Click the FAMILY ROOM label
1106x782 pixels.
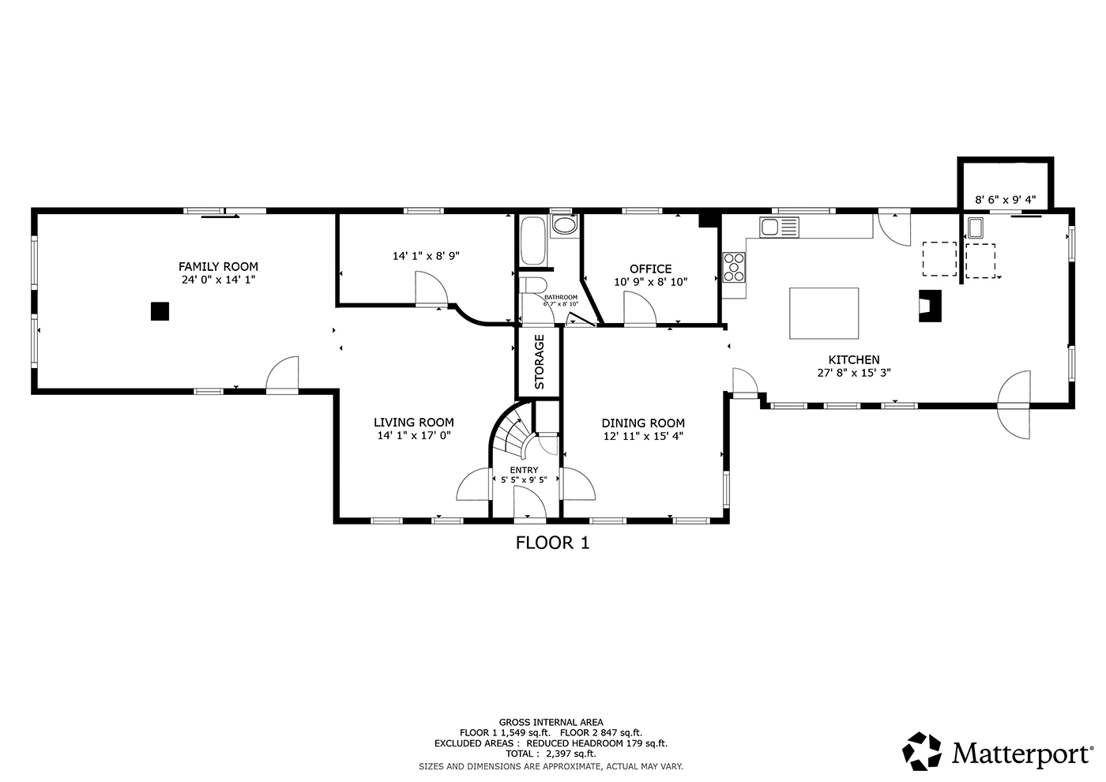pos(218,267)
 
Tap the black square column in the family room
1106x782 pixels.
pos(160,311)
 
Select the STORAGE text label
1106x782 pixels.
pos(539,362)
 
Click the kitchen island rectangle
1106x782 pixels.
pos(824,314)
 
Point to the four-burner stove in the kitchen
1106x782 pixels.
pos(734,267)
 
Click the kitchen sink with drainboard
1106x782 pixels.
pos(779,227)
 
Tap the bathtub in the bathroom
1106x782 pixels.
pos(532,241)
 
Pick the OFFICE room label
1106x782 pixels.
pos(651,269)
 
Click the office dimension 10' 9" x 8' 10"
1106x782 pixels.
pos(651,282)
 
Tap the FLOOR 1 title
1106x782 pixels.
pos(552,543)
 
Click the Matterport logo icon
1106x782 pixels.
pos(921,751)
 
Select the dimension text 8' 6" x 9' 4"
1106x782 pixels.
pos(1005,200)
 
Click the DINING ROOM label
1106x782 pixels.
pos(643,423)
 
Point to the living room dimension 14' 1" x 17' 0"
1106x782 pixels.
pos(414,435)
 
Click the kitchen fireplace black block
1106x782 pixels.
pos(931,306)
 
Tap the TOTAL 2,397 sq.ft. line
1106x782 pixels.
pos(551,754)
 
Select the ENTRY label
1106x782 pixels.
pos(524,470)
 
